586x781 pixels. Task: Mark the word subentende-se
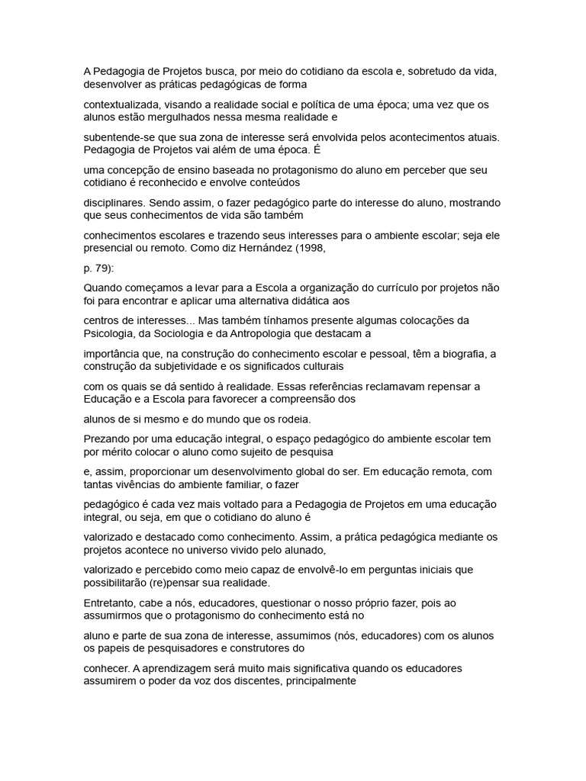point(119,137)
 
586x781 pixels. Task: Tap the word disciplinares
point(114,204)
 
